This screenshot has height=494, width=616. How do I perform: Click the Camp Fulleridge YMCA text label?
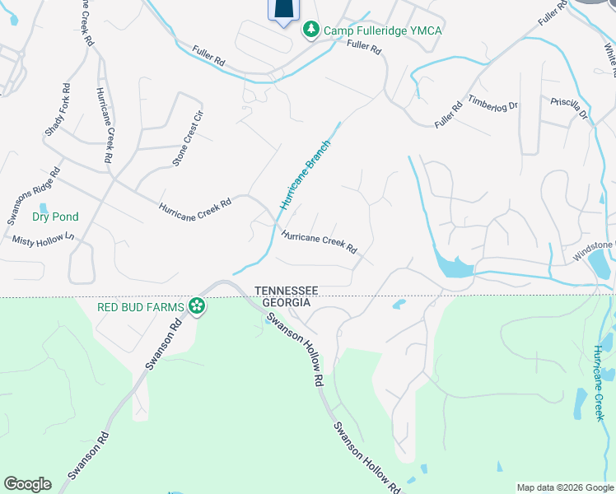pyautogui.click(x=382, y=30)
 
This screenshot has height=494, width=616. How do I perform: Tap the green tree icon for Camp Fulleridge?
pyautogui.click(x=311, y=30)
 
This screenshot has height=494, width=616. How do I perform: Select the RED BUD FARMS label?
pyautogui.click(x=140, y=307)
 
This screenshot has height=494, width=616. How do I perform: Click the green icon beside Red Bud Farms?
pyautogui.click(x=197, y=307)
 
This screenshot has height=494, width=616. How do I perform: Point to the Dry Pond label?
pyautogui.click(x=55, y=217)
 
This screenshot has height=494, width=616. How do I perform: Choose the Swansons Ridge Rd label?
pyautogui.click(x=34, y=196)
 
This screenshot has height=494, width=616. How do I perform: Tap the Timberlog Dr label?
pyautogui.click(x=492, y=104)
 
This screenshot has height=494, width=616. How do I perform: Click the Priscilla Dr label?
pyautogui.click(x=569, y=108)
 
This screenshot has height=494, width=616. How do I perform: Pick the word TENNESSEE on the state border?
pyautogui.click(x=286, y=291)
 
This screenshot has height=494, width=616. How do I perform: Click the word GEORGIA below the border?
pyautogui.click(x=286, y=302)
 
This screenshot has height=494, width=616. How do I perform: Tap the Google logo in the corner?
pyautogui.click(x=27, y=484)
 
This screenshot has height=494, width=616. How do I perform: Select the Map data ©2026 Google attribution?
pyautogui.click(x=565, y=487)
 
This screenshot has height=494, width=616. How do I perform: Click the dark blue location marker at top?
pyautogui.click(x=282, y=10)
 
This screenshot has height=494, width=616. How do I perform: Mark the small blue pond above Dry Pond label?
pyautogui.click(x=44, y=207)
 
